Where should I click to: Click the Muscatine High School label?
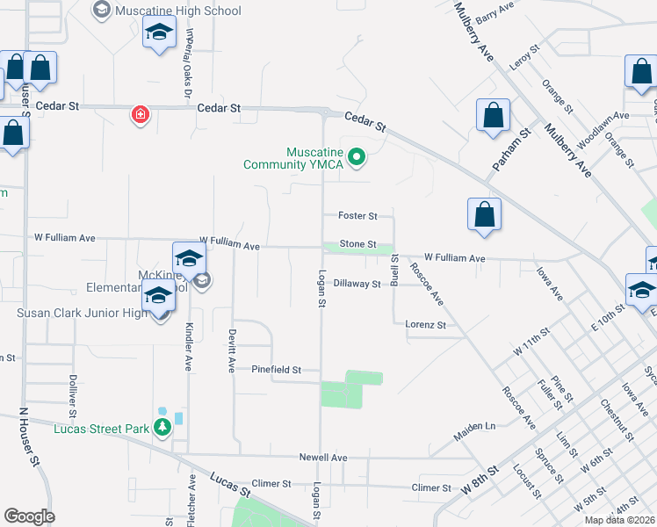178,11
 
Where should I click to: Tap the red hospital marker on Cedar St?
139,115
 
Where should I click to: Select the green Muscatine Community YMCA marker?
356,158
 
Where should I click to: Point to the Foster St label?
357,215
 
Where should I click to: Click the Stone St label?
357,244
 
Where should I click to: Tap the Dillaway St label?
357,284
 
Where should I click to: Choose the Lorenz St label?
426,325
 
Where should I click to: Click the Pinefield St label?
277,370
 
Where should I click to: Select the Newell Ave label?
323,458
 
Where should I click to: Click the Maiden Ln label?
474,427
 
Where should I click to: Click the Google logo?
29,516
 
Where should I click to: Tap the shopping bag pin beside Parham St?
493,114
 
